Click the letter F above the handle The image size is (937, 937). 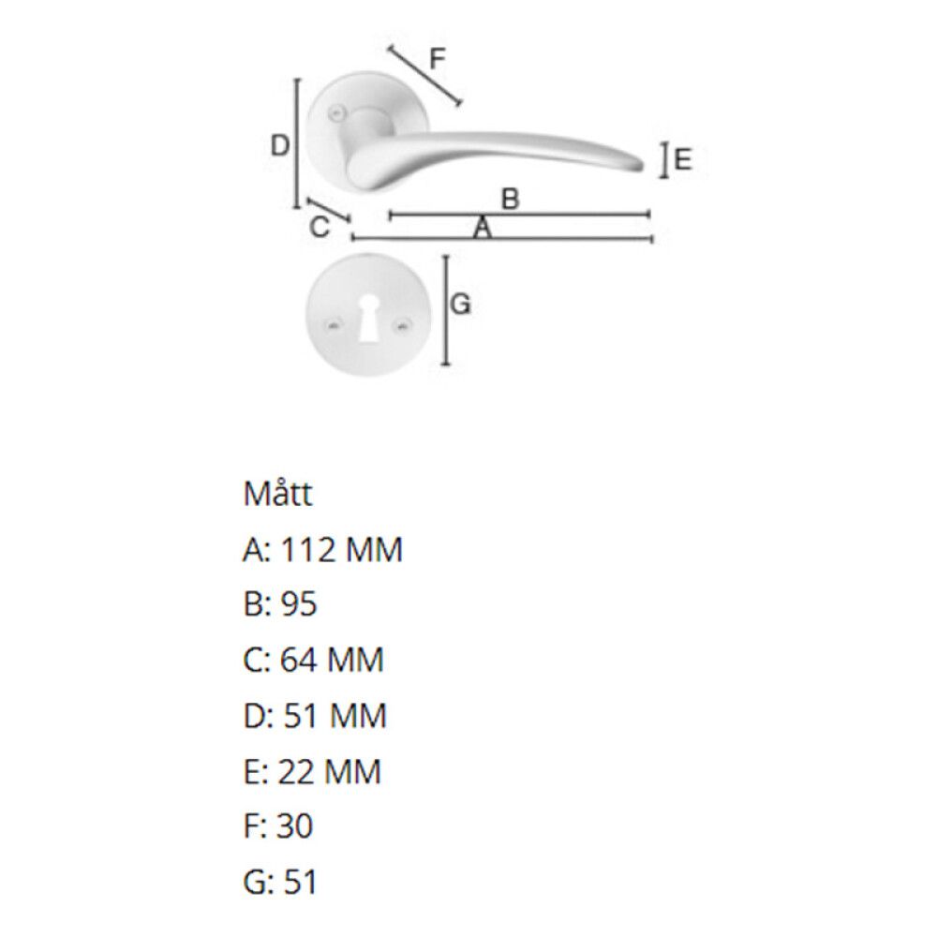point(438,59)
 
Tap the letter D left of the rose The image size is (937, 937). point(279,145)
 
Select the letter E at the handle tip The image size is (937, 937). point(682,160)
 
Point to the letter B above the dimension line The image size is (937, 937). point(510,199)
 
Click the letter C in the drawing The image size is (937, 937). point(320,227)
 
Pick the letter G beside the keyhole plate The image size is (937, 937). point(461,305)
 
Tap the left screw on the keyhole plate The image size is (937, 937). point(333,326)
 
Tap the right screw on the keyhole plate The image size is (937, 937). point(404,325)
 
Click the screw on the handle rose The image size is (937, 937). point(338,112)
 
